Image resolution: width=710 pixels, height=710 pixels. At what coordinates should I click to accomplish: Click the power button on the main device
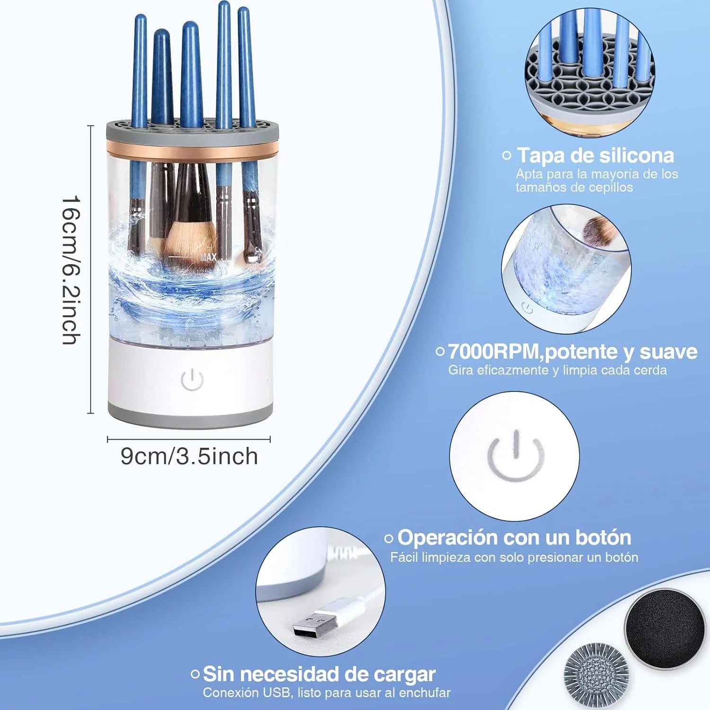pos(192,380)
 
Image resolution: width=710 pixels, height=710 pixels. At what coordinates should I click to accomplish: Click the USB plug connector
pos(315,623)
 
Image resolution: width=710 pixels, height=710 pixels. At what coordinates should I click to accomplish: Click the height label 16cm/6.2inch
pos(71,270)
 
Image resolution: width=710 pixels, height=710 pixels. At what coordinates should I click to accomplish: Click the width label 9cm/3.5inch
pos(189,456)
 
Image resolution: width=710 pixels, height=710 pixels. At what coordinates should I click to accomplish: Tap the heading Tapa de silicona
pos(595,155)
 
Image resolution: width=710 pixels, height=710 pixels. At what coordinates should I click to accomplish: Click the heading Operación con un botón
pos(514,538)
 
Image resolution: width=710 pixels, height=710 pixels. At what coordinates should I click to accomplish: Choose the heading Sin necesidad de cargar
pos(319,674)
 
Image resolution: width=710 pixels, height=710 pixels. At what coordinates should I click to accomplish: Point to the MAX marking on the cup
pos(208,257)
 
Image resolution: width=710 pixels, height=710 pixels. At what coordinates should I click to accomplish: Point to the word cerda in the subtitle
pos(650,370)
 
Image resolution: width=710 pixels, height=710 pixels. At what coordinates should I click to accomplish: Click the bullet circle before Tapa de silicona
pos(507,155)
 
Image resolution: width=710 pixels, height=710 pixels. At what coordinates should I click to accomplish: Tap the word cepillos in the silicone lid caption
pos(610,187)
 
